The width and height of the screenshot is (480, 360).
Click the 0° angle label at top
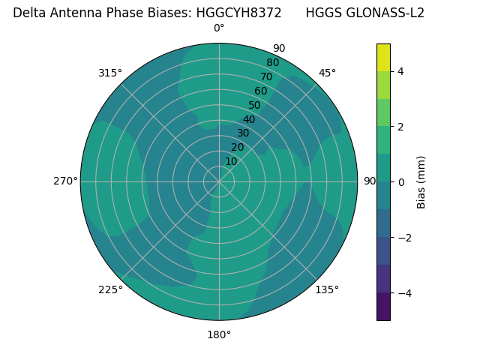219,28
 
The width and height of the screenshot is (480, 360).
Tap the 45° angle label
327,73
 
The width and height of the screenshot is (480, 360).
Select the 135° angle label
327,289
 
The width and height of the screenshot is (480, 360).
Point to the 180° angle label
219,334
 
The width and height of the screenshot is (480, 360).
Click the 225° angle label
110,289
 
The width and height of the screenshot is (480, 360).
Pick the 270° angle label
65,181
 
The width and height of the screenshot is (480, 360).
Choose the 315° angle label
110,73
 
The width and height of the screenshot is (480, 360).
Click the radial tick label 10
231,161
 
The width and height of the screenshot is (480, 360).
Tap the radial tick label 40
249,120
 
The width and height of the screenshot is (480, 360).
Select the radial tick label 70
266,76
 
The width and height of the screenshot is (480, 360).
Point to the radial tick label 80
272,63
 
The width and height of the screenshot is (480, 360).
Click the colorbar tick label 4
400,71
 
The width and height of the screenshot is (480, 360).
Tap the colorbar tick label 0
400,182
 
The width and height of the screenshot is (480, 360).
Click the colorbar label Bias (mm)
421,182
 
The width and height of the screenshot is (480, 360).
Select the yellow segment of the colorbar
383,57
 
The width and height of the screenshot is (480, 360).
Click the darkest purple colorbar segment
383,307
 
